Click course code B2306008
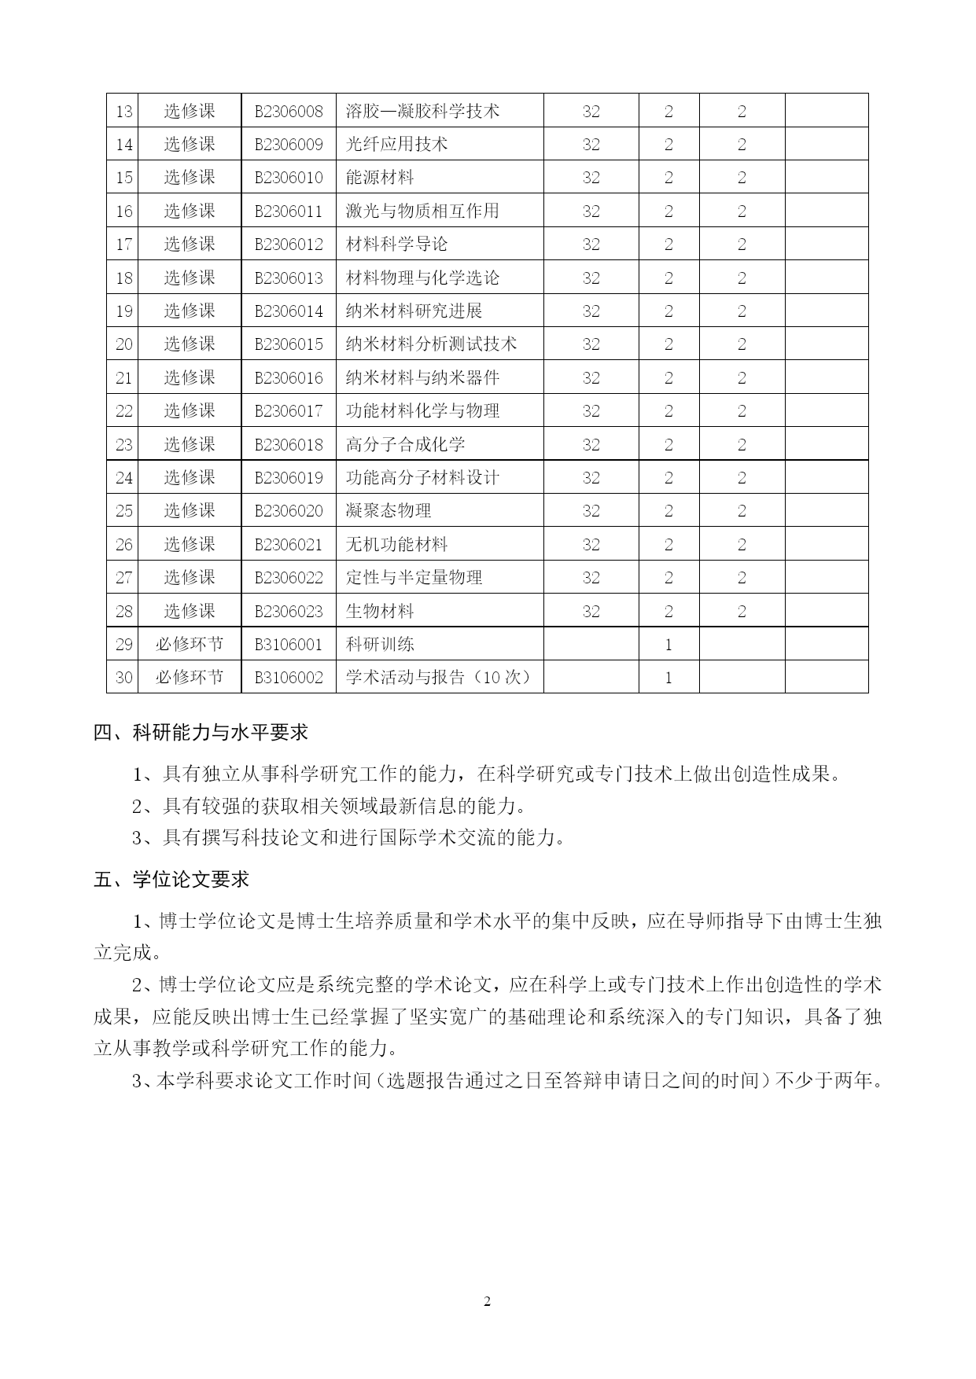(x=289, y=111)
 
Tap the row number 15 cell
(x=123, y=178)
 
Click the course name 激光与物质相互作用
(x=422, y=211)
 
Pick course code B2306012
(x=289, y=244)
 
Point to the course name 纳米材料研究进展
(x=414, y=311)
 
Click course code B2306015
(x=289, y=344)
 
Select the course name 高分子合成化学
(x=405, y=444)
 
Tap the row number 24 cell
(x=123, y=477)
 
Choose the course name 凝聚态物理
(x=389, y=510)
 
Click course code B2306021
(x=289, y=544)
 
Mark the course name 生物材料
(x=380, y=611)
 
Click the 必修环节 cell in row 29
(x=189, y=644)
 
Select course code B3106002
(x=289, y=677)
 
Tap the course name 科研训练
(x=380, y=644)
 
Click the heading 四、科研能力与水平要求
(x=201, y=733)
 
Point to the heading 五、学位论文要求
(x=171, y=879)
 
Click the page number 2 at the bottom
(x=487, y=1302)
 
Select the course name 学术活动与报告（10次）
(x=439, y=677)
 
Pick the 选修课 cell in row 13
(x=189, y=111)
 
